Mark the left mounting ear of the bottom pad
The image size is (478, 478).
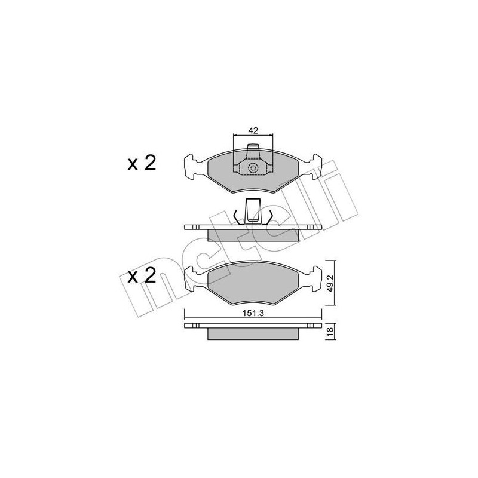[192, 279]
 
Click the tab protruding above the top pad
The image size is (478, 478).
[253, 150]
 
